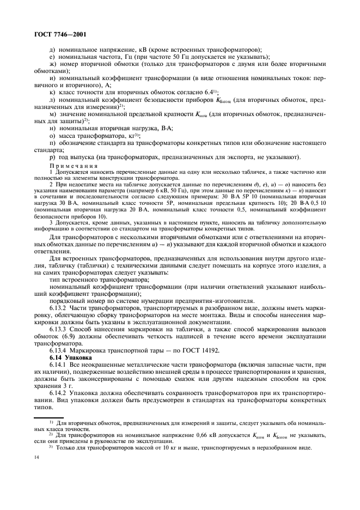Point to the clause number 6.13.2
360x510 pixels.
(x=59, y=308)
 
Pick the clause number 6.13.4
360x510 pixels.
(x=59, y=350)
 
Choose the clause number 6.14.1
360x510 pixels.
(x=59, y=363)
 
